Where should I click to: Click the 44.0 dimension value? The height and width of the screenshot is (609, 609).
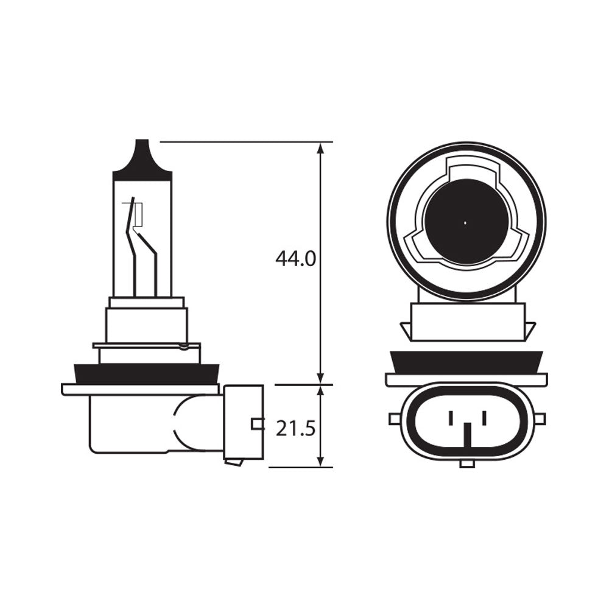coord(295,259)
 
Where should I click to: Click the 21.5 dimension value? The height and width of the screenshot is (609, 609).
coord(295,429)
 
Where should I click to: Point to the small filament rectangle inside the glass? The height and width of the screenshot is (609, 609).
coord(138,214)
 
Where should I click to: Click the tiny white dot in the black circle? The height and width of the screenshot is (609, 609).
coord(465,222)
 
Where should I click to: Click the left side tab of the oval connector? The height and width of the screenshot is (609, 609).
coord(394,419)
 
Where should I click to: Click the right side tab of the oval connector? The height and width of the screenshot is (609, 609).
coord(540,419)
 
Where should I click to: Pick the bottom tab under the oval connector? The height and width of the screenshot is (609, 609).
coord(467,464)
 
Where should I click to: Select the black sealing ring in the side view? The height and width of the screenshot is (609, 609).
coord(146,373)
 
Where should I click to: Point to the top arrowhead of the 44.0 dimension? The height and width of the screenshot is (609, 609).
coord(320,149)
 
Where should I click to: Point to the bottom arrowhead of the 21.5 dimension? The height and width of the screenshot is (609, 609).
coord(320,461)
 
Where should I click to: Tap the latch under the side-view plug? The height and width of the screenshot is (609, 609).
coord(234,462)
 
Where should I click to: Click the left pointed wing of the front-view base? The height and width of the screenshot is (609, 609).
coord(404,331)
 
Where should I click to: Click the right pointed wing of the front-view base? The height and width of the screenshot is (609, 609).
coord(530,331)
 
